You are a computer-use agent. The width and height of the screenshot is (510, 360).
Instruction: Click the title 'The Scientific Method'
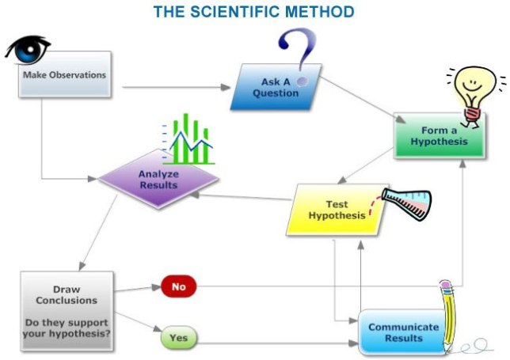[253, 12]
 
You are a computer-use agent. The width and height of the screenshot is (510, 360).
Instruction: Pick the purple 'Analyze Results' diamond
[158, 179]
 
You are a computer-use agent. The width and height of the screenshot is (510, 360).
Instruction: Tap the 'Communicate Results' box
[402, 333]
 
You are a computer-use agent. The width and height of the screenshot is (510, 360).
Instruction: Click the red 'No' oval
[178, 286]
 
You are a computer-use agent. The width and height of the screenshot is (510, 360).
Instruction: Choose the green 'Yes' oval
[178, 338]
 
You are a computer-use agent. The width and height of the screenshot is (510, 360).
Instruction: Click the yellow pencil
[454, 316]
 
